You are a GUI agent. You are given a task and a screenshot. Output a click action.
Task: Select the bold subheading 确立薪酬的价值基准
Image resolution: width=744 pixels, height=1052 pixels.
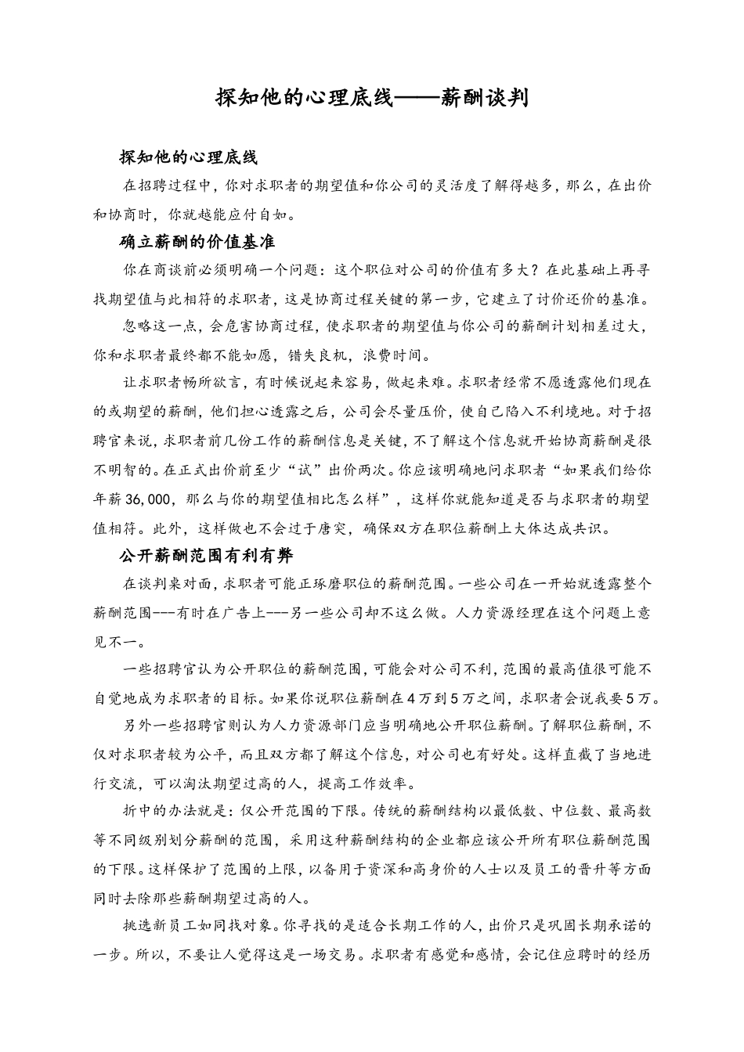pos(197,242)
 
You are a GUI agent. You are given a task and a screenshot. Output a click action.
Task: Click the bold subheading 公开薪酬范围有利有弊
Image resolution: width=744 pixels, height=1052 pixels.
pos(206,556)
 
